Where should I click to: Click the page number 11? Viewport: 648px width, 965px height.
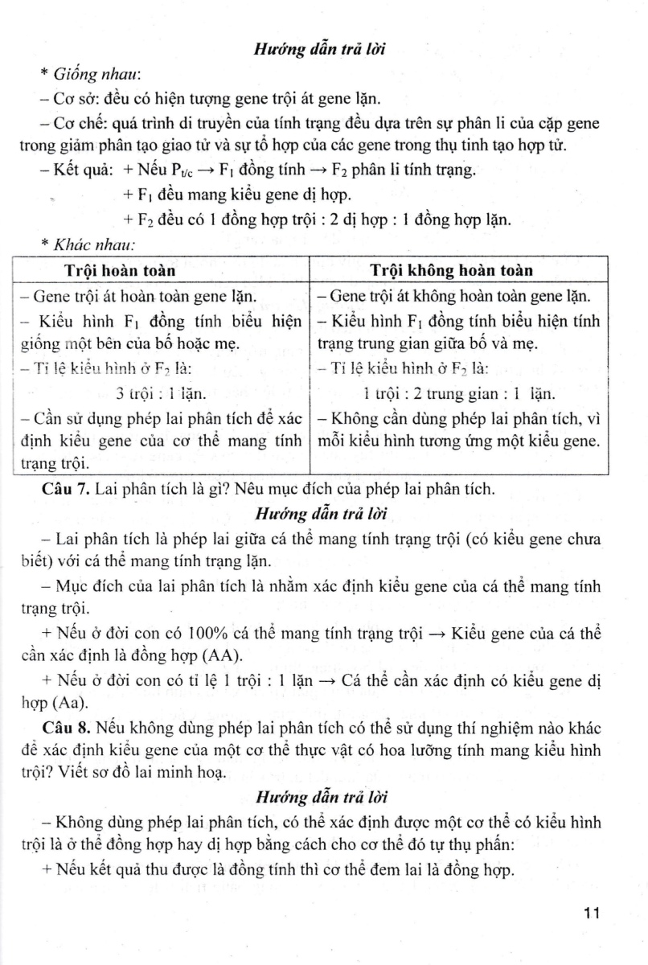(593, 913)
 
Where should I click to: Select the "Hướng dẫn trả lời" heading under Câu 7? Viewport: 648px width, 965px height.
(322, 513)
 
